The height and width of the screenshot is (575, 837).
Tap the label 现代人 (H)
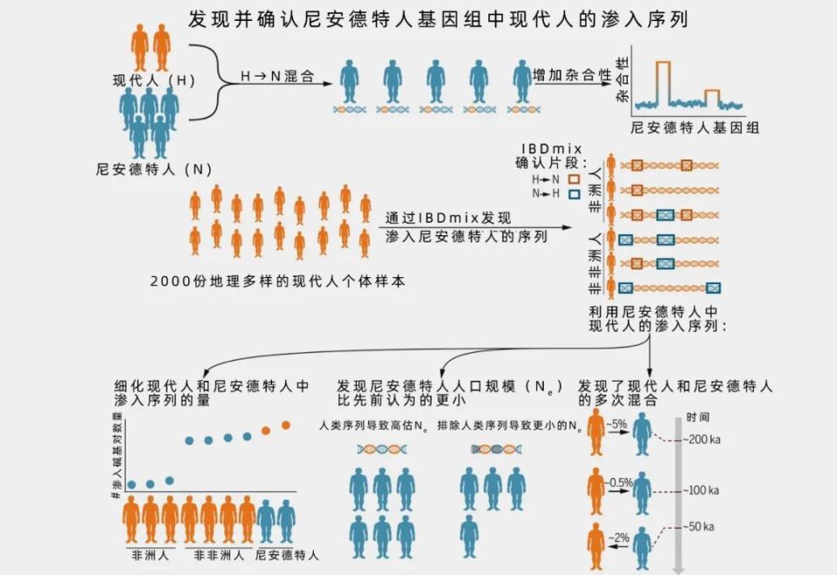[153, 80]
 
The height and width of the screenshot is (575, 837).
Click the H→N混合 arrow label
[277, 77]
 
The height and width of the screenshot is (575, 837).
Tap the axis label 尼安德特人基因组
[694, 127]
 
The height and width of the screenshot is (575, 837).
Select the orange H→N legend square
[573, 177]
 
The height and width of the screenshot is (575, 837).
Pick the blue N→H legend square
[573, 192]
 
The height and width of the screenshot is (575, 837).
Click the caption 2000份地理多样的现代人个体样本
[277, 281]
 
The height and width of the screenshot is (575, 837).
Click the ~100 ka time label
[700, 490]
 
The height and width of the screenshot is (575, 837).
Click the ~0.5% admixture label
[620, 482]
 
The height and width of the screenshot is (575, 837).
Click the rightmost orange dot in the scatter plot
[285, 425]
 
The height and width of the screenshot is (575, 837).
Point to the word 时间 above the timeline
[697, 416]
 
